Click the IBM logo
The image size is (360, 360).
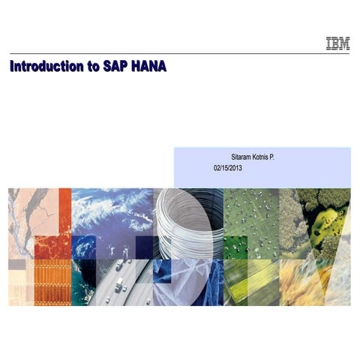point(337,44)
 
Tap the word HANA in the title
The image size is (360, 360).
point(147,66)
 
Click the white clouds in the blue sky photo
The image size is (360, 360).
point(112,210)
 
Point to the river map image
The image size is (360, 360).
point(30,214)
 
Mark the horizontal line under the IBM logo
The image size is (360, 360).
point(180,54)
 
